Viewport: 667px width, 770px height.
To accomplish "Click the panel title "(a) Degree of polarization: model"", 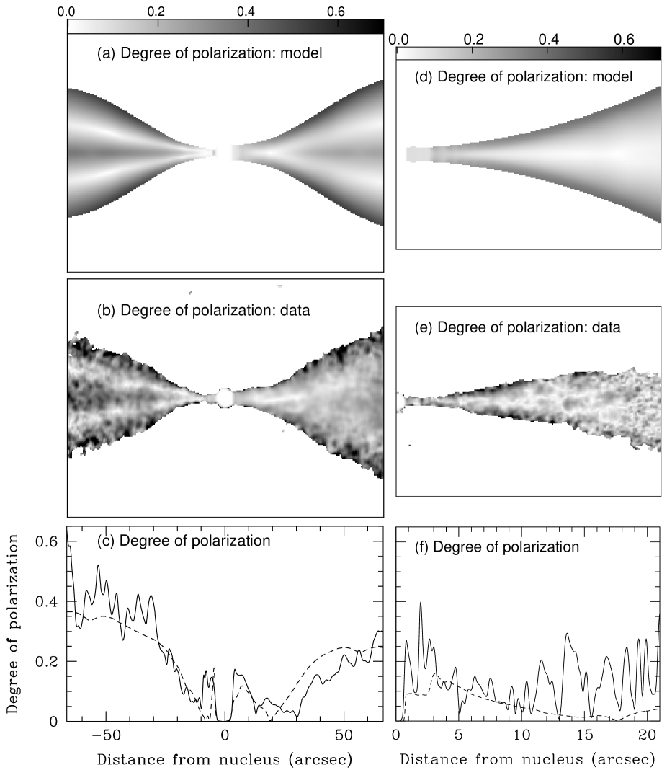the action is pos(210,53).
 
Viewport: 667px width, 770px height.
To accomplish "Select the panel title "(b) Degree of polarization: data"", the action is pos(203,310).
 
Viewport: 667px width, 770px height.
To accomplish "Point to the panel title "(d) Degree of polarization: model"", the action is pos(524,76).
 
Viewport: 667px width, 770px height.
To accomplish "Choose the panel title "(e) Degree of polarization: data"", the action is pos(517,327).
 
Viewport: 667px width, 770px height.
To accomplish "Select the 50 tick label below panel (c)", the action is pos(344,735).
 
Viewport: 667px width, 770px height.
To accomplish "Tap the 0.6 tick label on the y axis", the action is pos(47,541).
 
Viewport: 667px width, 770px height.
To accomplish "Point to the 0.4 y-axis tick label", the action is pos(47,601).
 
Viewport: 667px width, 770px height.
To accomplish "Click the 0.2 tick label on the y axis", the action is pos(47,661).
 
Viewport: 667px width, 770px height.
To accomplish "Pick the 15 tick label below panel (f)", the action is pos(585,735).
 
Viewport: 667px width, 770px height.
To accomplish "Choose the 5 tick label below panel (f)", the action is pos(459,735).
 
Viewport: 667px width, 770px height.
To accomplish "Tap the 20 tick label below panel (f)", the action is pos(648,735).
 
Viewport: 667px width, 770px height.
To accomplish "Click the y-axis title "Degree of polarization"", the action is pos(13,624).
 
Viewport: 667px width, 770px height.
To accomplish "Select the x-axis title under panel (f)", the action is pos(528,758).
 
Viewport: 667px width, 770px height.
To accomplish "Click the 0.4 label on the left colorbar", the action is pos(246,12).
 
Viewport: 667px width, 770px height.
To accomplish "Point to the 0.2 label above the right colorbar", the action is pos(473,39).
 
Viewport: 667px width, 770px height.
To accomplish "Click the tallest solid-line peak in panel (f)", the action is pos(421,602).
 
